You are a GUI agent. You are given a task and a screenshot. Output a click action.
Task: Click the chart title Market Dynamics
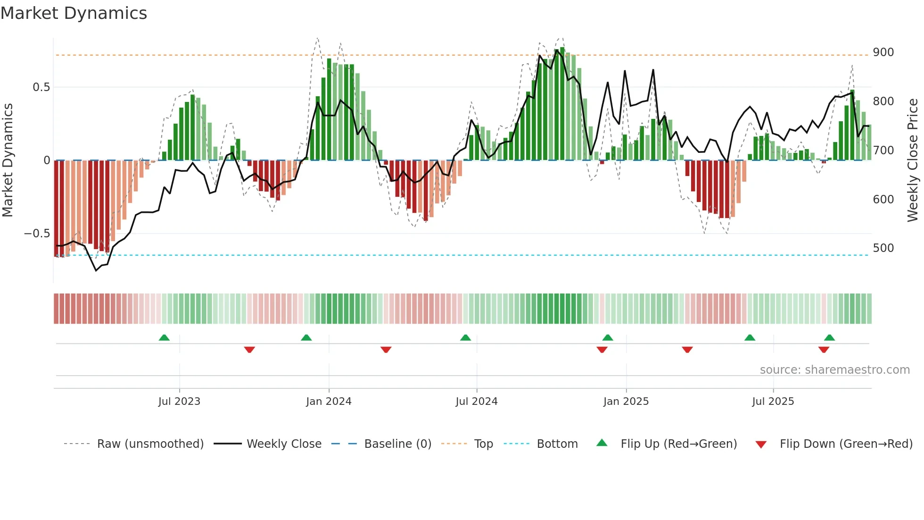pos(74,13)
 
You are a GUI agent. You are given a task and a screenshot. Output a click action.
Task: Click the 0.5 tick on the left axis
pos(41,87)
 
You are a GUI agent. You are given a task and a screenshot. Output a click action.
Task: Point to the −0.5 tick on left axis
pos(37,234)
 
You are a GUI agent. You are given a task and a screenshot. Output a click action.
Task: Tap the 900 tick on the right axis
pos(883,52)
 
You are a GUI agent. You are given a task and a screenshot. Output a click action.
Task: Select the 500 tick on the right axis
pos(883,248)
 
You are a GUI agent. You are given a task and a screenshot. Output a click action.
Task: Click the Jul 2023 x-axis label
pos(179,402)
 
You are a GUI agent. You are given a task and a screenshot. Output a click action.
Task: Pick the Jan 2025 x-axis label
pos(626,402)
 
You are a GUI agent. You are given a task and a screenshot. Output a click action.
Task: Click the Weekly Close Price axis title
pos(913,160)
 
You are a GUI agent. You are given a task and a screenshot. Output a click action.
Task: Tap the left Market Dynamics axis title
pos(8,160)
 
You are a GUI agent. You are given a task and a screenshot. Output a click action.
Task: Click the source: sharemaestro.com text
pos(834,370)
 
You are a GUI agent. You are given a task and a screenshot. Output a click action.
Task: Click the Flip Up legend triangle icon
pos(602,443)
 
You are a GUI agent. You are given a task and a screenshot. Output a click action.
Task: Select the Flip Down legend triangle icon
pos(761,445)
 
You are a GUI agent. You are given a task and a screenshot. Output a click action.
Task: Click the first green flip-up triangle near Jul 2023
pos(164,338)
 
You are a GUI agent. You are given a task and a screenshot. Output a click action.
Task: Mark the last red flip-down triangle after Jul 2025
pos(824,350)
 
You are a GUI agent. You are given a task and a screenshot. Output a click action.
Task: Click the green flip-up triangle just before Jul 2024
pos(465,338)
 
